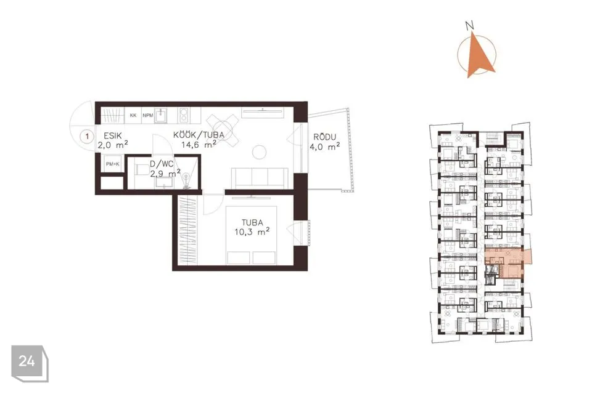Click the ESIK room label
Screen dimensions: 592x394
point(112,135)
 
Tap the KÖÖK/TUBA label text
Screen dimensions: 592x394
point(199,135)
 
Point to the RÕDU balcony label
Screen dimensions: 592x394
point(325,138)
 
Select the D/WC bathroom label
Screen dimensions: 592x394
point(162,164)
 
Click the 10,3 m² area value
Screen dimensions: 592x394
point(252,231)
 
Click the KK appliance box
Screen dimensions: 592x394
point(133,115)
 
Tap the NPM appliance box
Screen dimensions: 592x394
point(147,115)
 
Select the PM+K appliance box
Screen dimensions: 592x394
point(112,164)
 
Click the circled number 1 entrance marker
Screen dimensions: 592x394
point(87,136)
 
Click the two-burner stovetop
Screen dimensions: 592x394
point(184,115)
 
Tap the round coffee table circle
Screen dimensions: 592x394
point(260,152)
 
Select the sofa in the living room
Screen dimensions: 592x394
point(260,178)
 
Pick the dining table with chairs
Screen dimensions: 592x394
point(223,131)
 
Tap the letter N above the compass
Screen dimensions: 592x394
point(470,26)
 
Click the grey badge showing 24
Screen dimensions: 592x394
point(30,363)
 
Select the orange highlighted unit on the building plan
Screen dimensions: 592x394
point(508,263)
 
